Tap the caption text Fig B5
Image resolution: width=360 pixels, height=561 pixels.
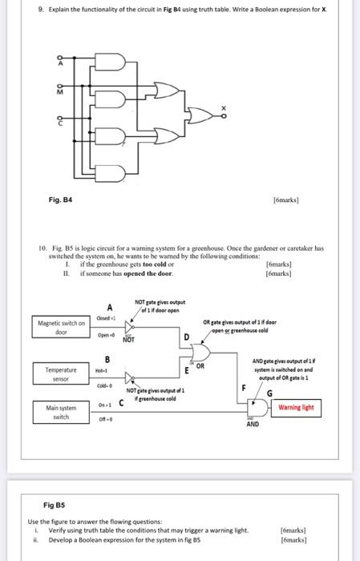point(55,505)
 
